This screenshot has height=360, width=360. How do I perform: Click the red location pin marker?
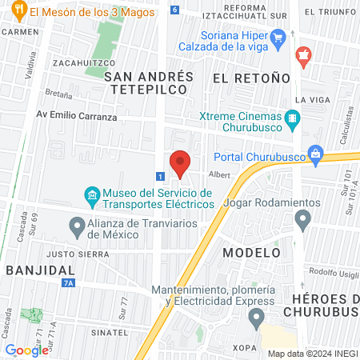point(181,163)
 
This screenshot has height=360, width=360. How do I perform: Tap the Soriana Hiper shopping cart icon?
point(278,37)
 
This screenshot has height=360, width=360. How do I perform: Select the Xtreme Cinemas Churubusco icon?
point(294,122)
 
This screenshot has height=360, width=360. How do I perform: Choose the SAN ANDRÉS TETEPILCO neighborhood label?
point(149,83)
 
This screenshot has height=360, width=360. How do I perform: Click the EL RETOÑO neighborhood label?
point(250,78)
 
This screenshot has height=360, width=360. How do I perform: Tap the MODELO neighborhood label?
point(250,252)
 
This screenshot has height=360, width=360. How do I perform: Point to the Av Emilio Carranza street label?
point(76,116)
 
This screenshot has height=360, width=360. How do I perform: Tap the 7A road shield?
point(69,282)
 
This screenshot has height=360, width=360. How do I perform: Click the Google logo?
point(27,350)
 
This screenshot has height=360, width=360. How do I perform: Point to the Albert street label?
point(219,174)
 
